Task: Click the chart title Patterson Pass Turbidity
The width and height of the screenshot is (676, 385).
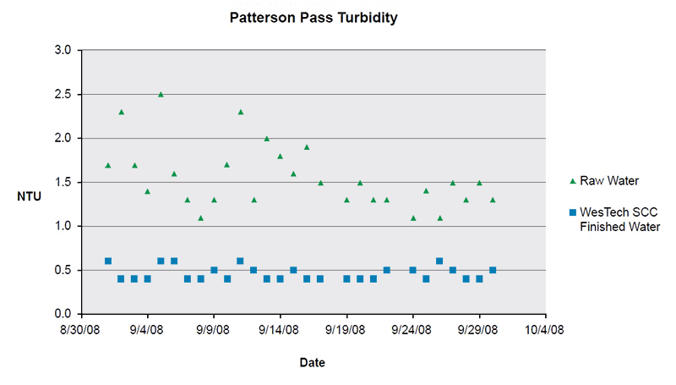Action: click(313, 17)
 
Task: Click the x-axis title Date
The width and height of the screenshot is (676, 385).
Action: click(312, 363)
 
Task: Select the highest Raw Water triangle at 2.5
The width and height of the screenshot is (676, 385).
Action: click(161, 95)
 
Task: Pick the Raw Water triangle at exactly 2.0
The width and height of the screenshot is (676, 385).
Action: click(267, 139)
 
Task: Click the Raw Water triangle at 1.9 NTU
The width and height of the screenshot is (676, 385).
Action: click(307, 147)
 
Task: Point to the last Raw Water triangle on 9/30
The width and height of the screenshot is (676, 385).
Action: click(493, 200)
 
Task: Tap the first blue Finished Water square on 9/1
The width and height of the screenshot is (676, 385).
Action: click(107, 261)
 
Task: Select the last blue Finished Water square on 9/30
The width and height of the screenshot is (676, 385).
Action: click(493, 270)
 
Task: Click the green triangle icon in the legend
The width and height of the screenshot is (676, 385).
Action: click(572, 181)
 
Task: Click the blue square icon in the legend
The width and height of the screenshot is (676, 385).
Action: click(572, 212)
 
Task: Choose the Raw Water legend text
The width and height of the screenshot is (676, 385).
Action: click(608, 181)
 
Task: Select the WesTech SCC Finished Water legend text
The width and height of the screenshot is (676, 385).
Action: click(619, 219)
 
